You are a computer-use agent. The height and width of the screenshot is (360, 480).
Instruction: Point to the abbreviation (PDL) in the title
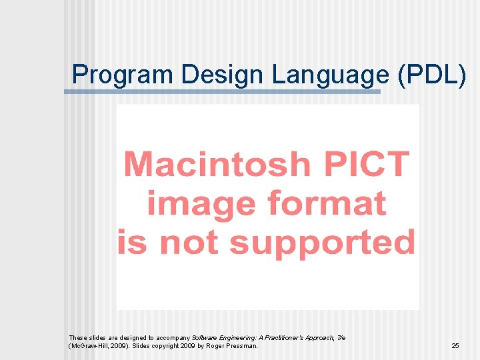point(431,75)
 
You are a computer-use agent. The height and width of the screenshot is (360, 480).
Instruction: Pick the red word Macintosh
point(217,164)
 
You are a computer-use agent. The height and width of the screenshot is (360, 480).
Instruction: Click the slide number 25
point(455,346)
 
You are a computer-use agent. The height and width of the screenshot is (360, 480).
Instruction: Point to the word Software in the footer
point(204,338)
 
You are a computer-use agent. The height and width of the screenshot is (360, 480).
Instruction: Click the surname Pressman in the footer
point(243,346)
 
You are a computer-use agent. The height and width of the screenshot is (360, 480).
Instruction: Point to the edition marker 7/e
point(341,338)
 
